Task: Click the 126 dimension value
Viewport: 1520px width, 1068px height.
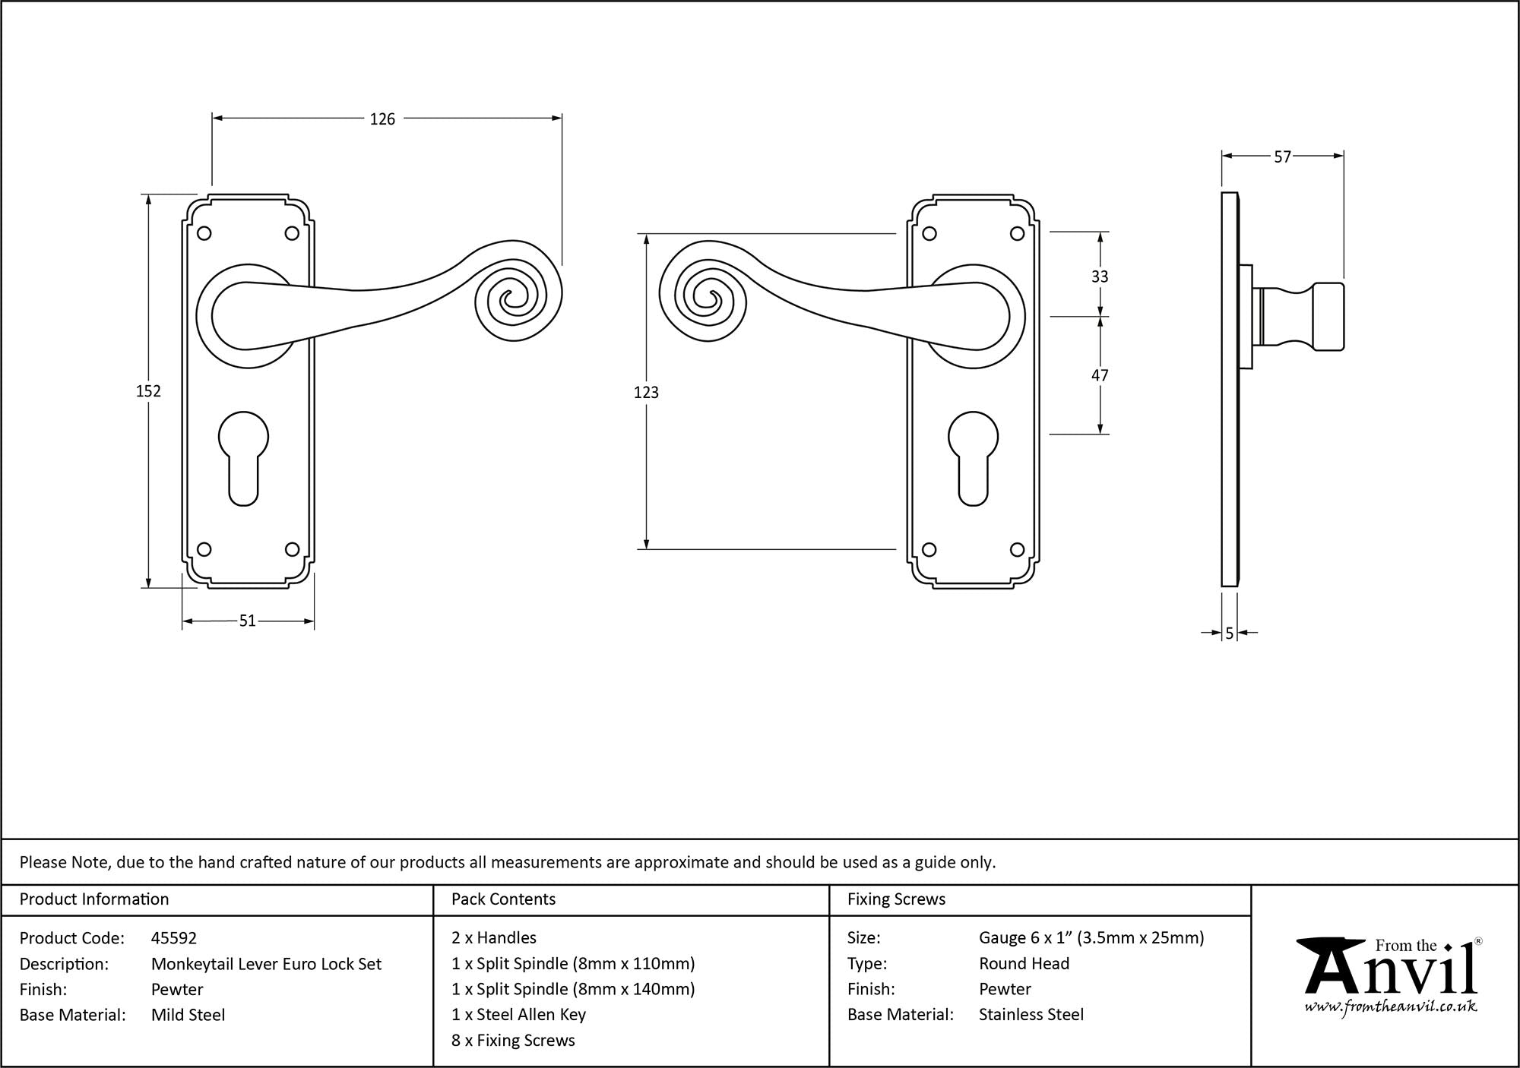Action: tap(382, 118)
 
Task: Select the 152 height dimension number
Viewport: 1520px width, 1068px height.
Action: tap(148, 390)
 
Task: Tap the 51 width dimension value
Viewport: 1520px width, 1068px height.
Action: tap(248, 621)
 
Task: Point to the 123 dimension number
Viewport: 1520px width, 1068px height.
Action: tap(646, 392)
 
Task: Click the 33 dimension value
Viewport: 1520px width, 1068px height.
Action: tap(1100, 276)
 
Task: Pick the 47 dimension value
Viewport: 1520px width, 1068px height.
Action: tap(1100, 375)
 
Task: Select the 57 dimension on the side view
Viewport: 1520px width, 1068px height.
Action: tap(1283, 156)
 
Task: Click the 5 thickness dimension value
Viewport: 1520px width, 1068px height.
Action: tap(1230, 633)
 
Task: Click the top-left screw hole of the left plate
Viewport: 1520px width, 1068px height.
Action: tap(204, 233)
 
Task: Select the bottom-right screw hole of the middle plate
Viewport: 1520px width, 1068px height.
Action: tap(1017, 549)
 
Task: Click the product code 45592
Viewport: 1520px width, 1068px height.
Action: tap(174, 938)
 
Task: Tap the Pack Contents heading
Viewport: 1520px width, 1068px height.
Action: tap(503, 899)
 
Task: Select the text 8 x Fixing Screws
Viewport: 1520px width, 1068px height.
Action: tap(513, 1041)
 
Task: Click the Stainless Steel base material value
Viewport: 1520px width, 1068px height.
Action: tap(1031, 1015)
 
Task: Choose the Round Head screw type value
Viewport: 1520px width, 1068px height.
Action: tap(1024, 964)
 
